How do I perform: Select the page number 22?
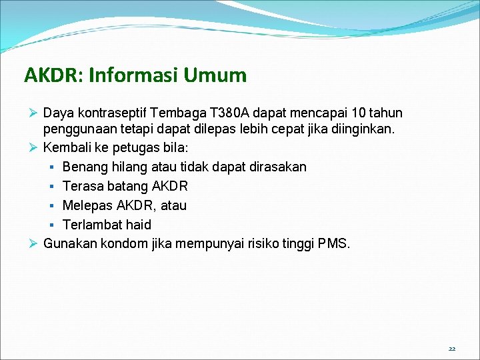pos(452,349)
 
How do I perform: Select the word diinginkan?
pos(357,128)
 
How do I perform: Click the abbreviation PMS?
pos(333,243)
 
